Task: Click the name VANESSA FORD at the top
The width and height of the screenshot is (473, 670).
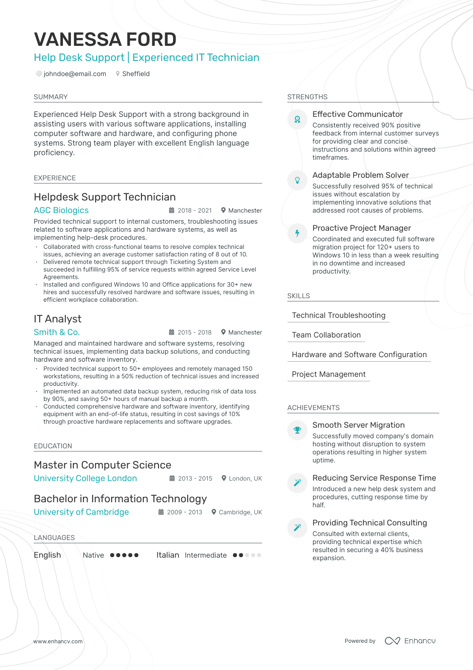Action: [x=105, y=39]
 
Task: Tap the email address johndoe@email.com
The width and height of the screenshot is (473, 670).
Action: [x=74, y=74]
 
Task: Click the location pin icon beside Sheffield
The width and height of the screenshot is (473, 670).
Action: [x=118, y=74]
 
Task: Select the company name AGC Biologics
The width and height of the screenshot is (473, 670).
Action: [x=61, y=210]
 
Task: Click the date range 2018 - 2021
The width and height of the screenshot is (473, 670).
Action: [x=194, y=211]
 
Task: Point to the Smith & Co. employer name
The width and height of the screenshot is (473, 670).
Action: [x=56, y=332]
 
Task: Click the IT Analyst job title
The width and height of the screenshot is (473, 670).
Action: [x=57, y=319]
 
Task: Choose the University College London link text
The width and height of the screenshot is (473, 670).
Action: [x=85, y=478]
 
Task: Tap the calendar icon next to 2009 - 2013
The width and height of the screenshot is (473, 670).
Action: [x=161, y=512]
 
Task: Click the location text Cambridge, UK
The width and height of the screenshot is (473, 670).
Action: [x=240, y=512]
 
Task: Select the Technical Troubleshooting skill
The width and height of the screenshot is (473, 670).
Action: [x=338, y=315]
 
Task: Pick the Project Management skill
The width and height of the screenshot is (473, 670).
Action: [x=328, y=374]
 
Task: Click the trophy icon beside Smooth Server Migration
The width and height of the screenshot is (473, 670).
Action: [x=297, y=430]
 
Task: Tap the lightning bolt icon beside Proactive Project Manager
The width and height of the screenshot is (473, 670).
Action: [x=297, y=233]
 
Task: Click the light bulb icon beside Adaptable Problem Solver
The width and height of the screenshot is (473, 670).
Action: [x=297, y=180]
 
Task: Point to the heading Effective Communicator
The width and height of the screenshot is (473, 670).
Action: [x=357, y=114]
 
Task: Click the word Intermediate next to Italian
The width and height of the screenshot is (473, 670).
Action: [x=205, y=555]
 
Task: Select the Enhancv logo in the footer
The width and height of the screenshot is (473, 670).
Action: [x=410, y=641]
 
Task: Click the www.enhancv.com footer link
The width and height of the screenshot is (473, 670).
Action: [x=58, y=641]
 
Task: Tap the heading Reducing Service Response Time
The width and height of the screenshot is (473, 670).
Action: [x=374, y=478]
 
